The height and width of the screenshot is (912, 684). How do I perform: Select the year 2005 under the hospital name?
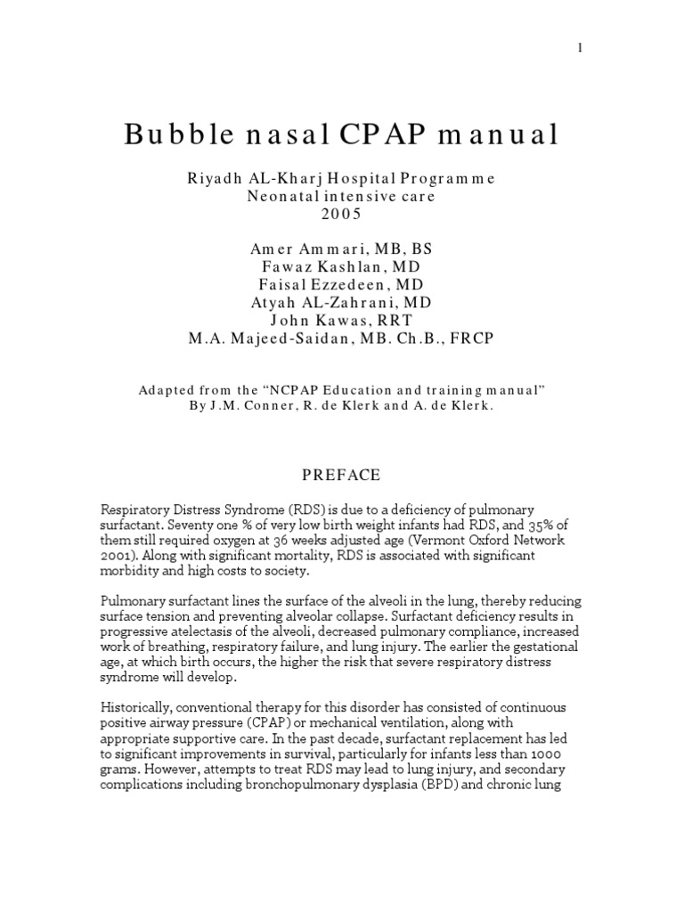click(x=341, y=215)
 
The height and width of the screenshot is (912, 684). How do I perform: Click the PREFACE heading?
click(x=342, y=475)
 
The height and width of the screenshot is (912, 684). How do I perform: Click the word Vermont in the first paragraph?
click(x=414, y=540)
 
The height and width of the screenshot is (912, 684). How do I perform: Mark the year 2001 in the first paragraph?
click(x=116, y=555)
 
